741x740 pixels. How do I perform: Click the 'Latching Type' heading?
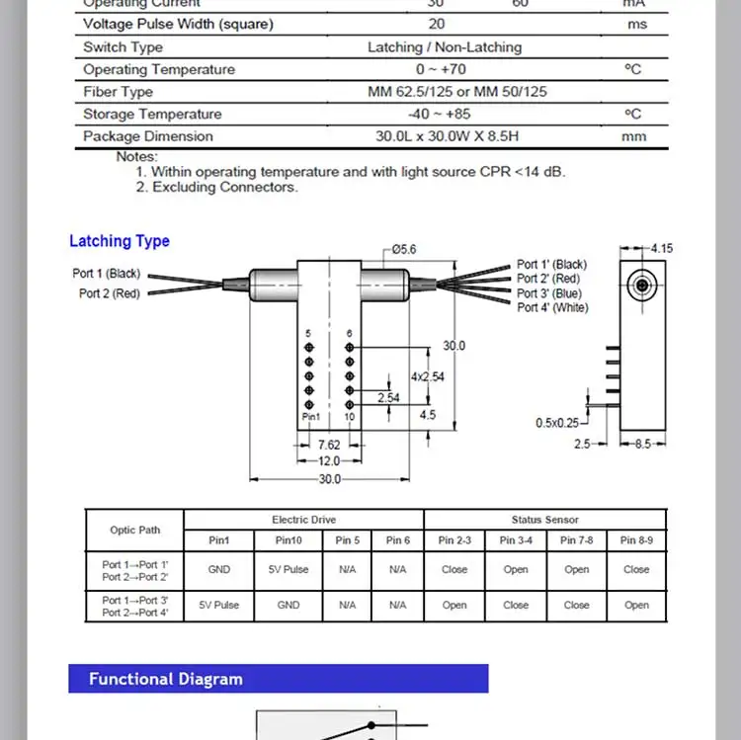(120, 241)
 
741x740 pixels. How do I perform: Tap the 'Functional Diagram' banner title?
(165, 679)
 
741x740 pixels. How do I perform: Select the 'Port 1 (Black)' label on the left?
(107, 274)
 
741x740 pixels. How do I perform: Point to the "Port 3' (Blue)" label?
(549, 293)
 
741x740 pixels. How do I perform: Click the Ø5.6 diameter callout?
(404, 250)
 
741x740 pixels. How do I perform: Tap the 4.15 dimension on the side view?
(661, 249)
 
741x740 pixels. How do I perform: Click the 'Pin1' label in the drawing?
(311, 418)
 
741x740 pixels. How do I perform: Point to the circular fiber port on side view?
(643, 287)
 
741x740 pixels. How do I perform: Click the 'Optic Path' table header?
(134, 530)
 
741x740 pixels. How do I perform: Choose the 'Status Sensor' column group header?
(545, 520)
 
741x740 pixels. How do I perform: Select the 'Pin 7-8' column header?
(576, 540)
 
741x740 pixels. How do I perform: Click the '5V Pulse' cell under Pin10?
(288, 569)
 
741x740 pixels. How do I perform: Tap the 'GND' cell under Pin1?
(219, 569)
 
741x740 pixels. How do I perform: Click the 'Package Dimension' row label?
(148, 136)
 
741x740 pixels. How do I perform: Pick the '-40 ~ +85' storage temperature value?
(445, 114)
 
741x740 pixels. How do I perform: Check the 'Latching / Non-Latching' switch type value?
(445, 46)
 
